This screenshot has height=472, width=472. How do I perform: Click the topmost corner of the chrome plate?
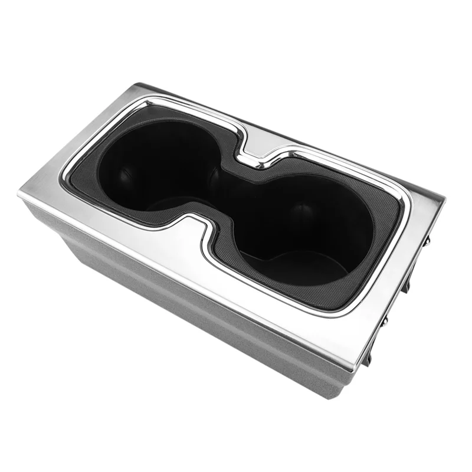point(139,84)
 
